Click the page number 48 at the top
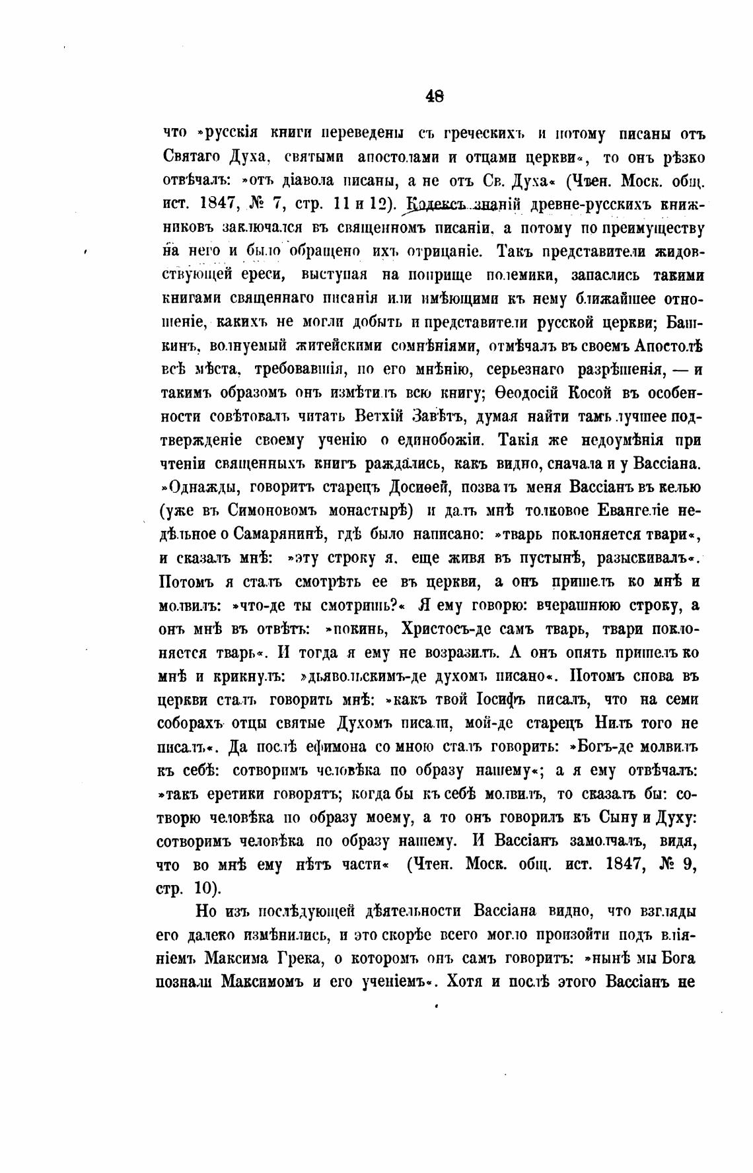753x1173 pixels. click(435, 96)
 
